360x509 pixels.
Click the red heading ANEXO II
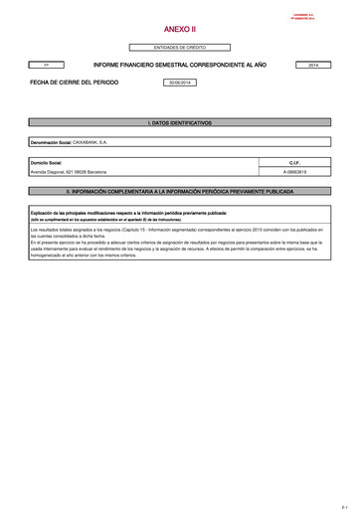(x=179, y=31)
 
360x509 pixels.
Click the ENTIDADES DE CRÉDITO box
(x=179, y=48)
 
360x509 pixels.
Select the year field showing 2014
(x=314, y=65)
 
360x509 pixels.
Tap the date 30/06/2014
(x=179, y=83)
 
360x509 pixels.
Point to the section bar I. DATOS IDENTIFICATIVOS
(x=179, y=123)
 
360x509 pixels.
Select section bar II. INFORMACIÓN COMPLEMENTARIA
(x=179, y=186)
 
